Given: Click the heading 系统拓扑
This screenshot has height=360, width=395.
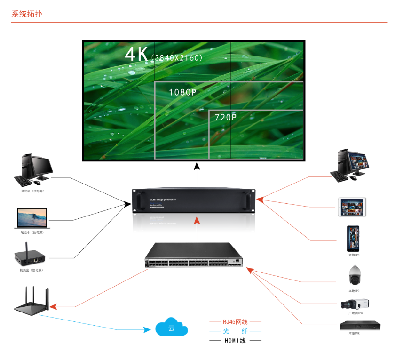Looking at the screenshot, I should pos(27,14).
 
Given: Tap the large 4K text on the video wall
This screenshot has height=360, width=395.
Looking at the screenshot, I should pos(136,54).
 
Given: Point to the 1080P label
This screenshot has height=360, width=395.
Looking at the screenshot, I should pos(182,92).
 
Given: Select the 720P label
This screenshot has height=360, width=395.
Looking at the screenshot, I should pos(226,117).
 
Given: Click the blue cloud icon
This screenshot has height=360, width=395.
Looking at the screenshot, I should pos(171,328).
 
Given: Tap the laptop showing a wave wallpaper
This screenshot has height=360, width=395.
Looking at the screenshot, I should pos(32,217).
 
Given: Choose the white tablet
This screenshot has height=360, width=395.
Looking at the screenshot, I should pos(352,207).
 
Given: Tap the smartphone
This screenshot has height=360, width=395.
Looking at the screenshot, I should pos(354,239).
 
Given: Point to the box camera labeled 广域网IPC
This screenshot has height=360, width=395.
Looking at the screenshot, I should pos(355,304).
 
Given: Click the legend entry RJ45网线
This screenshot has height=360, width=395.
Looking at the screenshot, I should pos(235,322).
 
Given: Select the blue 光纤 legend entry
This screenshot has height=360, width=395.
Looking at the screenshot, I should pos(235,331).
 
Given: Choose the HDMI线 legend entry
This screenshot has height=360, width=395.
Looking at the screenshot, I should pos(235,340).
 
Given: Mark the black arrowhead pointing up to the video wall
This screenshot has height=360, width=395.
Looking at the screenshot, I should pos(197,165).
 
